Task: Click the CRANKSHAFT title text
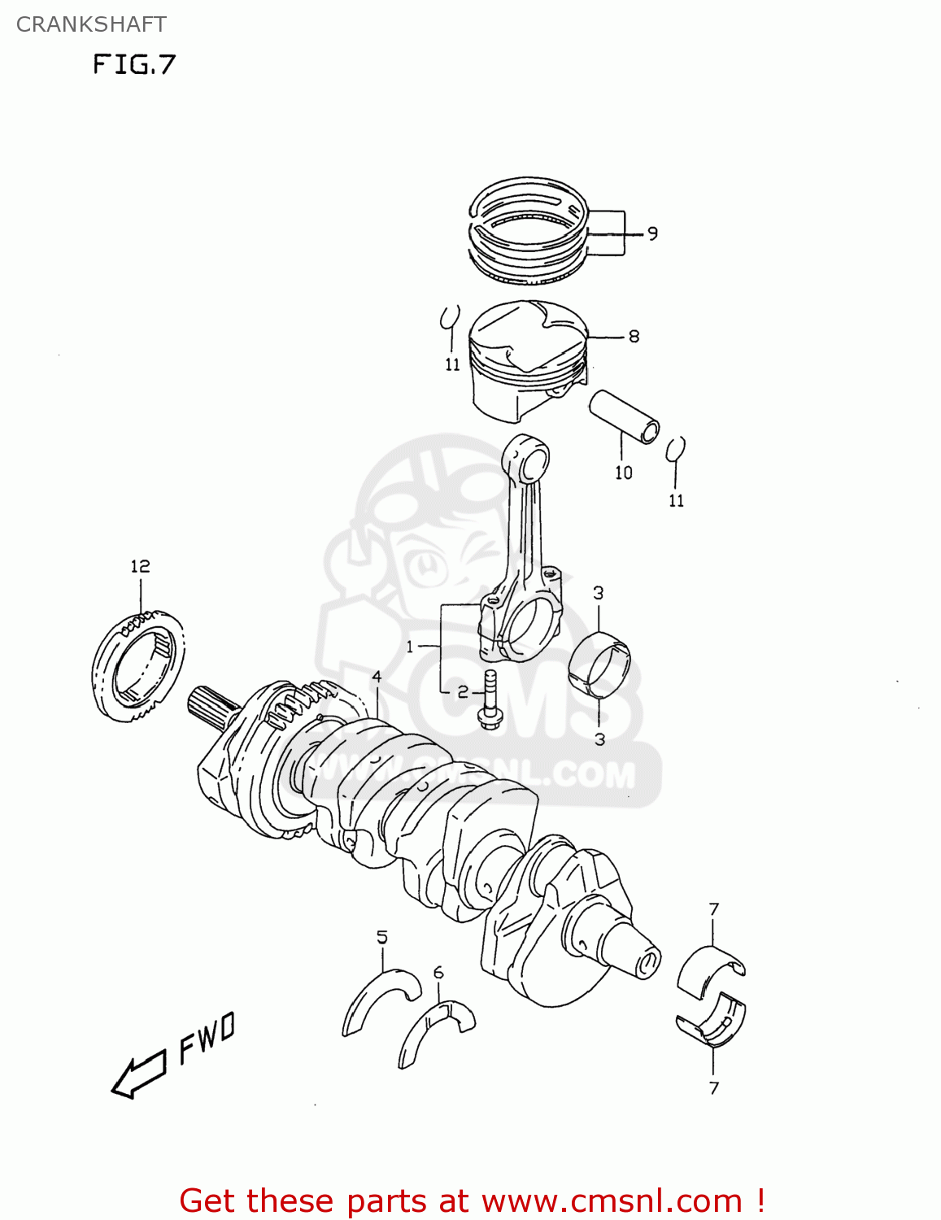(x=91, y=24)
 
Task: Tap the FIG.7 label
(x=134, y=64)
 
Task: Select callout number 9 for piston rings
(x=652, y=234)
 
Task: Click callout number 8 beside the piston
(x=634, y=336)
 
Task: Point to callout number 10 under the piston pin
(x=623, y=473)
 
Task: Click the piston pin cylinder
(x=624, y=416)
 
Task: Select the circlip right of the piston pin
(x=675, y=449)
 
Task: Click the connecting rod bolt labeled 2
(x=490, y=700)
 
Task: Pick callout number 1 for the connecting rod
(x=410, y=647)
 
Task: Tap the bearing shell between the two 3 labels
(x=599, y=666)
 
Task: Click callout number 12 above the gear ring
(x=140, y=566)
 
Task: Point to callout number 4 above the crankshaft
(x=377, y=677)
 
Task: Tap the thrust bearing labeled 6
(x=436, y=1030)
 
